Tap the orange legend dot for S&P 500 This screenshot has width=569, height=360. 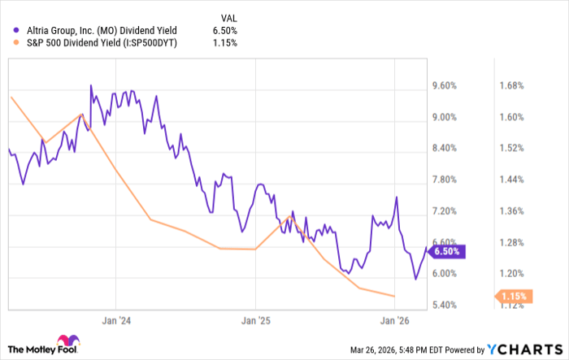[x=16, y=42]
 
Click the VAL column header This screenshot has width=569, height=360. [x=229, y=15]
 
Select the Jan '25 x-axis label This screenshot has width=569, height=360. [x=255, y=320]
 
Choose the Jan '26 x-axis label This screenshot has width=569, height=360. [x=395, y=320]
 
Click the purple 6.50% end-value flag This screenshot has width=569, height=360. [x=446, y=252]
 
